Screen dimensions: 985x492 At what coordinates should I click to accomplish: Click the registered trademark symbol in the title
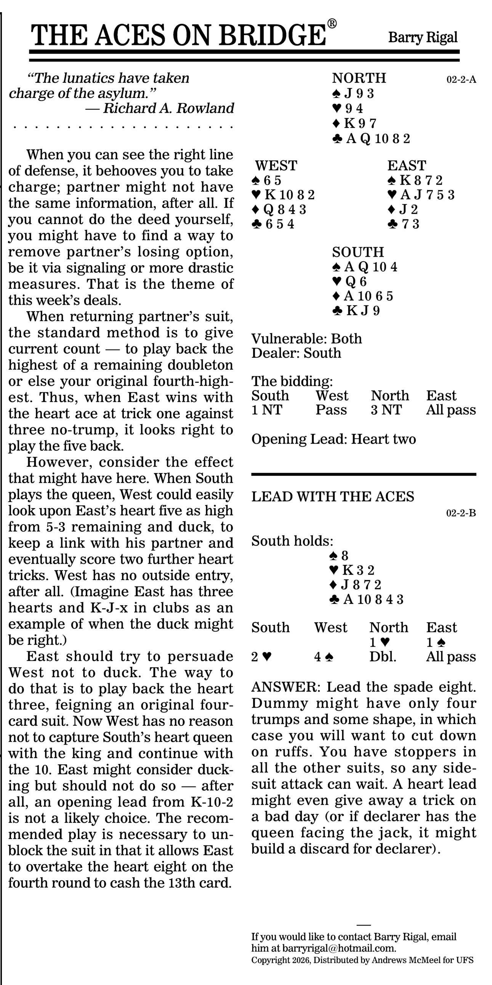coord(332,24)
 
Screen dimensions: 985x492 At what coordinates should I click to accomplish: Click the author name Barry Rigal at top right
coord(423,37)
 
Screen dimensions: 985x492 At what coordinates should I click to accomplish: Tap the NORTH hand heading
coord(359,78)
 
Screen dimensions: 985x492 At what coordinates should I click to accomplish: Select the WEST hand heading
coord(276,166)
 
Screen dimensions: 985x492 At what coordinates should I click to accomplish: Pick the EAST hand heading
coord(406,166)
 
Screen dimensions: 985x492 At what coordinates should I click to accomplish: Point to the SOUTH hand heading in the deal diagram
coord(358,252)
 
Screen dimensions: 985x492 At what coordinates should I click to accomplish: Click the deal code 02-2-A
coord(461,80)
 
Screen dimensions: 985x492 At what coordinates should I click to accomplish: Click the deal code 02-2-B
coord(461,513)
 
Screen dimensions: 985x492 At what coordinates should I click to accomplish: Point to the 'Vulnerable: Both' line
coord(306,339)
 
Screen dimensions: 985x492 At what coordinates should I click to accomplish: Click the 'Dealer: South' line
coord(296,353)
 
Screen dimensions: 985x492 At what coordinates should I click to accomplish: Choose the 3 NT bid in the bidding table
coord(386,410)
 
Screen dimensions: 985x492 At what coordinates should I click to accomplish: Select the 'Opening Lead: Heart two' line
coord(333,439)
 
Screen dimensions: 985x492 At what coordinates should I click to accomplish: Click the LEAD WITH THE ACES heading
coord(332,497)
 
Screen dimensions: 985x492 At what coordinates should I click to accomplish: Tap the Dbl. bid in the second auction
coord(383,657)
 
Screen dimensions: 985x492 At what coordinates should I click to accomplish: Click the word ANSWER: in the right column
coord(286,687)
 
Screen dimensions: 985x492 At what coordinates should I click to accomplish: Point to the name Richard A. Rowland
coord(168,109)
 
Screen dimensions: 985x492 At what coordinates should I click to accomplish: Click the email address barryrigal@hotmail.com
coord(338,948)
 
